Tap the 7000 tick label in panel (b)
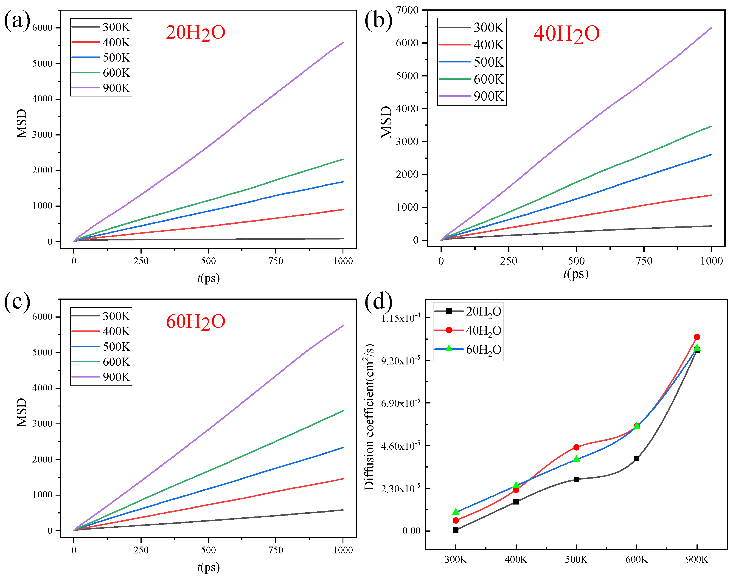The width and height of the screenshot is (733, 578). tap(407, 10)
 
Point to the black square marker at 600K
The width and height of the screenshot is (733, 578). tap(637, 459)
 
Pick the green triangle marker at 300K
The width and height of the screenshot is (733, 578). tap(456, 511)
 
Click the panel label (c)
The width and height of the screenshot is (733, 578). tap(17, 301)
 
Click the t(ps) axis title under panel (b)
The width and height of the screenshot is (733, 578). tap(576, 273)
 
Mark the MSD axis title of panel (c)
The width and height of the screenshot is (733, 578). tap(22, 412)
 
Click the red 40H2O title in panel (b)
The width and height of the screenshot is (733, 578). tap(567, 34)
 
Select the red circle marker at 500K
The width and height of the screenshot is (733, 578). tap(576, 447)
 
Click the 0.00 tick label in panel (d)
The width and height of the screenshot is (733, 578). tap(411, 531)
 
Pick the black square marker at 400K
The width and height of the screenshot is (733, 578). tap(516, 502)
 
